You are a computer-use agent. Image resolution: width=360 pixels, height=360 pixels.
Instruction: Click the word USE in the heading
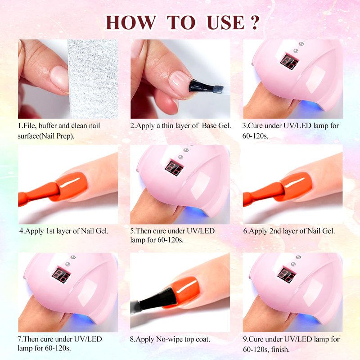point(225,22)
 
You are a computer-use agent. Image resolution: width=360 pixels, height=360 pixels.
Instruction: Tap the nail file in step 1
point(93,79)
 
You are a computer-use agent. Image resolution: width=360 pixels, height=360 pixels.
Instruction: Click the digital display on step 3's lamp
point(289,61)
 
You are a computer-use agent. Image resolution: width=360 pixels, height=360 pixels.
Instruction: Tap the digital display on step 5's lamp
point(175,168)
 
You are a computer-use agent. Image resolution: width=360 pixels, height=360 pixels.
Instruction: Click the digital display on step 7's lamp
point(61,275)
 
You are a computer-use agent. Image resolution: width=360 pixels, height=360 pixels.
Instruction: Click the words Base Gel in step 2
point(216,126)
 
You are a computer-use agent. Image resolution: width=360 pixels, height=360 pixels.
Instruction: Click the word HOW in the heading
point(130,22)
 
